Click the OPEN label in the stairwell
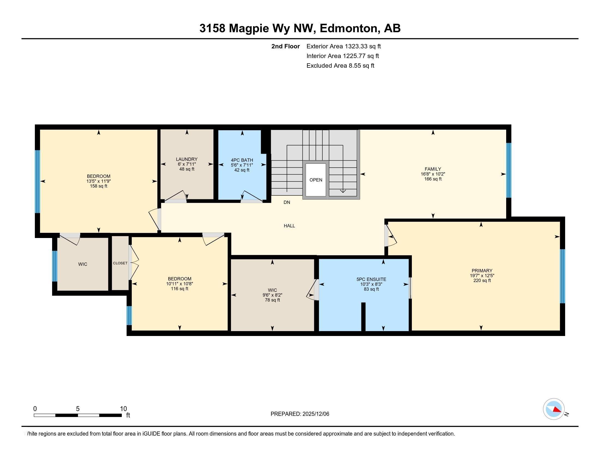pyautogui.click(x=316, y=180)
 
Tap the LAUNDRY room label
pyautogui.click(x=187, y=159)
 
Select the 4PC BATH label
pyautogui.click(x=242, y=160)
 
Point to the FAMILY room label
pyautogui.click(x=433, y=169)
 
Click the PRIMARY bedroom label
pyautogui.click(x=482, y=270)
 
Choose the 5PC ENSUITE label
pyautogui.click(x=371, y=279)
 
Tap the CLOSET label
pyautogui.click(x=120, y=263)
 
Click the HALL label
pyautogui.click(x=289, y=226)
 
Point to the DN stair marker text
pyautogui.click(x=287, y=202)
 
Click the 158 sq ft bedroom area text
pyautogui.click(x=99, y=186)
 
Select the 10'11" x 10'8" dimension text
pyautogui.click(x=180, y=284)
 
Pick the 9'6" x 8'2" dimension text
pyautogui.click(x=272, y=295)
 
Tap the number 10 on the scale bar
pyautogui.click(x=123, y=409)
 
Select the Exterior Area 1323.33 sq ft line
pyautogui.click(x=344, y=46)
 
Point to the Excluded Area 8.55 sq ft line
pyautogui.click(x=340, y=66)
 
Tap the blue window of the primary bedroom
pyautogui.click(x=562, y=276)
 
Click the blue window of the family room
pyautogui.click(x=509, y=170)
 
